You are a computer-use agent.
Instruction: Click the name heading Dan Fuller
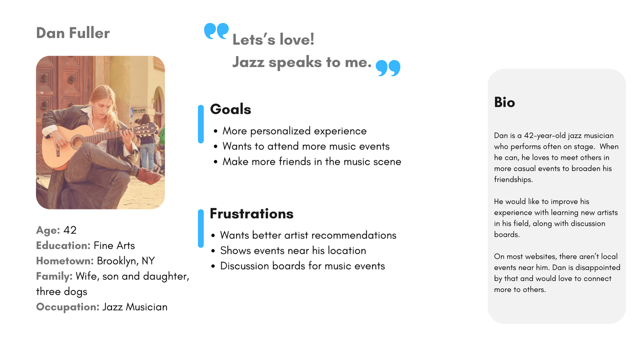click(x=73, y=33)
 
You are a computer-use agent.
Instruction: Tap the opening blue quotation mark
click(x=216, y=31)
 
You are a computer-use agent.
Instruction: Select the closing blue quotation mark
click(x=388, y=68)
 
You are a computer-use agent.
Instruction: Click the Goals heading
click(x=230, y=109)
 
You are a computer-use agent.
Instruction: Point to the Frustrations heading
click(x=251, y=214)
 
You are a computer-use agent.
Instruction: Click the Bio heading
click(x=505, y=102)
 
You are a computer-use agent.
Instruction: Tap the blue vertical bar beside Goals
click(x=201, y=124)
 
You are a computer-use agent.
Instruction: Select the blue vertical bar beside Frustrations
click(x=201, y=229)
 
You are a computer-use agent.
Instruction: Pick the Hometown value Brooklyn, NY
click(x=126, y=261)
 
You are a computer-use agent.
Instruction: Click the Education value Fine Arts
click(x=114, y=246)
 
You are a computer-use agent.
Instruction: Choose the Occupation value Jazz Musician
click(x=135, y=307)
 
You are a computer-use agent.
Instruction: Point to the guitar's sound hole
click(x=77, y=142)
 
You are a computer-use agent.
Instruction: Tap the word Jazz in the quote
click(x=248, y=62)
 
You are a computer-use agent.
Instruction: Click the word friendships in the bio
click(x=513, y=179)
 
